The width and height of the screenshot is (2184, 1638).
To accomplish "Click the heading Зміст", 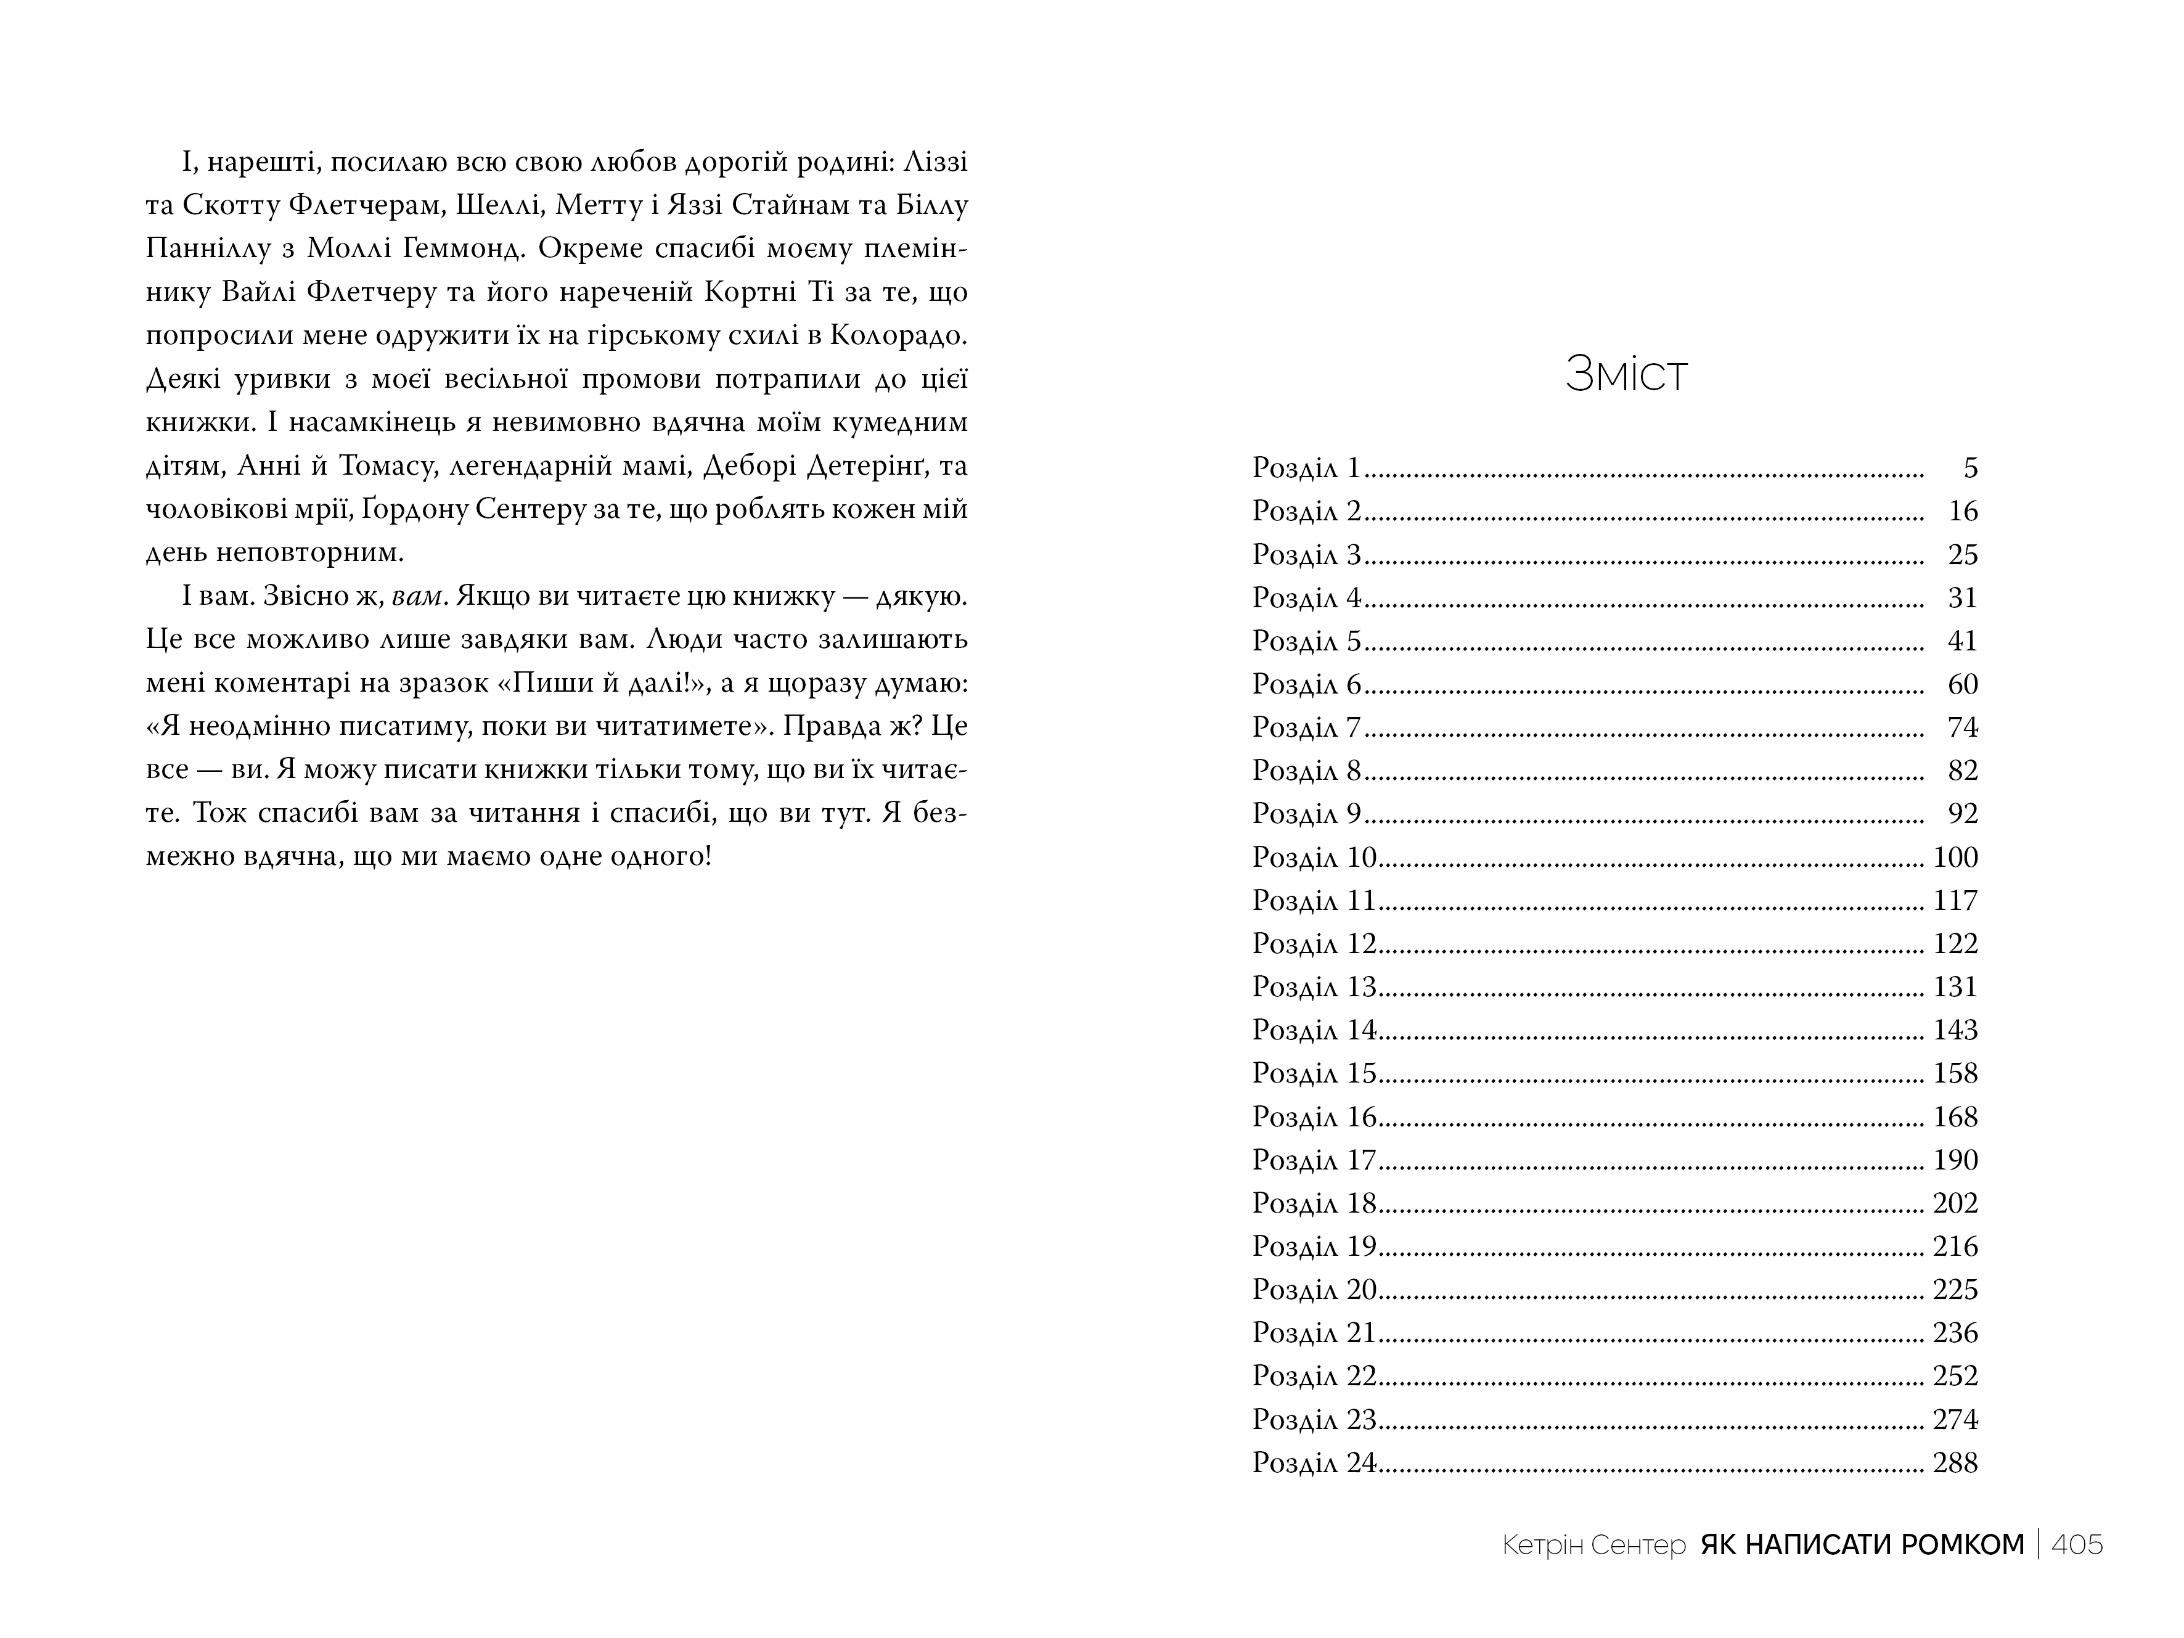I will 1626,376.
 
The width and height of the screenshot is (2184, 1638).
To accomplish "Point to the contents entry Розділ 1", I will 1306,468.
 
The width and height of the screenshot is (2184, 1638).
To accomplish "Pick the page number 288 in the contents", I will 1955,1464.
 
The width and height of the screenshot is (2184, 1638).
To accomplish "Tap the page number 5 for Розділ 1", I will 1969,468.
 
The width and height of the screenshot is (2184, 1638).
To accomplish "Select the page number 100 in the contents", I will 1955,857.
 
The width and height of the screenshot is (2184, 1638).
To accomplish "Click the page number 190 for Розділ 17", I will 1955,1160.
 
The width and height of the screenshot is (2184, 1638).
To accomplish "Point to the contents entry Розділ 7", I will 1306,727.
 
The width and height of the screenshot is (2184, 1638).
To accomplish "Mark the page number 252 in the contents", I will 1955,1377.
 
